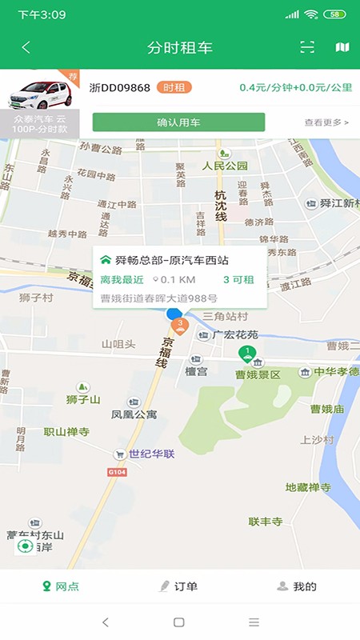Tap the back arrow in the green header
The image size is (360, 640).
point(26,47)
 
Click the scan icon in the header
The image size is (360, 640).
point(307,47)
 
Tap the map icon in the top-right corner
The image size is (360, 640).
point(342,47)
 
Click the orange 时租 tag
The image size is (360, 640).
point(174,87)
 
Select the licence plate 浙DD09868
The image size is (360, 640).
point(119,87)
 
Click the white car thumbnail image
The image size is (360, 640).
point(40,94)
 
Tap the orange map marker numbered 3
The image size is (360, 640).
point(181,325)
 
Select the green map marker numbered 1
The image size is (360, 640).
point(249,353)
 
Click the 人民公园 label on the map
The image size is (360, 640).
point(225,166)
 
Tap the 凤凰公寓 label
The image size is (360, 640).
point(134,415)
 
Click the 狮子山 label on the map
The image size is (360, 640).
point(83,399)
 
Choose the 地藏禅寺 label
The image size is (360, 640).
point(308,487)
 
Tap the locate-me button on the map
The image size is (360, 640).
point(26,546)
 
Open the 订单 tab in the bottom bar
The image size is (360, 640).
point(179,586)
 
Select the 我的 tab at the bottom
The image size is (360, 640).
point(297,586)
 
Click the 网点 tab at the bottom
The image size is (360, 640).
point(61,586)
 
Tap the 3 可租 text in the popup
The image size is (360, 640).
point(238,279)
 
